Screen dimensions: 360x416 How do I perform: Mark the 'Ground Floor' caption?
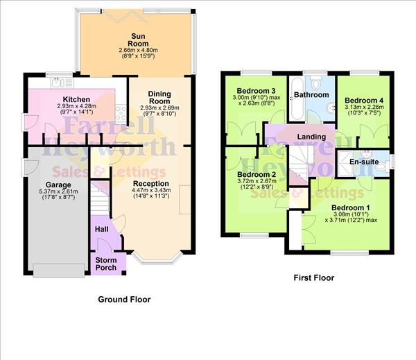click(x=124, y=300)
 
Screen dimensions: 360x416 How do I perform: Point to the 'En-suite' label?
click(x=363, y=162)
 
